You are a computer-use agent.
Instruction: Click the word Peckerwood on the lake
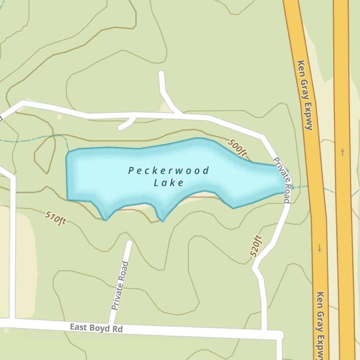click(168, 171)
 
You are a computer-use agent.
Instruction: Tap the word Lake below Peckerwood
click(169, 183)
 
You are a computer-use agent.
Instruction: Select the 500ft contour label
click(237, 148)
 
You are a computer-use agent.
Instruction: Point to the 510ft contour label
click(55, 218)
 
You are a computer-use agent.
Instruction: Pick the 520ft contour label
click(256, 246)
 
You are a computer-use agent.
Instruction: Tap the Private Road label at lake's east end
click(282, 180)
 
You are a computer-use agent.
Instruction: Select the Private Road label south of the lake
click(120, 286)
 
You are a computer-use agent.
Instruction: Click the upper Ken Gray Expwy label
click(305, 95)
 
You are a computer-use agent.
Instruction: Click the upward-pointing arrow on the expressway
click(342, 152)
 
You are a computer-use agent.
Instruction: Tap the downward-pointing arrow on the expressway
click(319, 248)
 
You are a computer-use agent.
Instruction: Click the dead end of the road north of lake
click(161, 73)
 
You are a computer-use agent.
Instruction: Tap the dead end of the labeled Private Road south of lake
click(129, 243)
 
